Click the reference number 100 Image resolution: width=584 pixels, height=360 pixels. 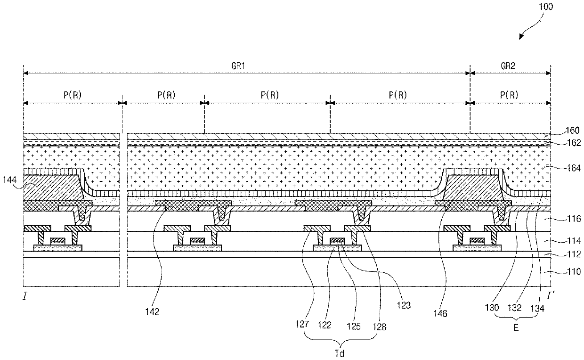tap(547, 7)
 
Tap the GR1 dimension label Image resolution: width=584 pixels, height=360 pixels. tap(243, 66)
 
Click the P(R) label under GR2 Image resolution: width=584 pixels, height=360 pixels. tap(509, 95)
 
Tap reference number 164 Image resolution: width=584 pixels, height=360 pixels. tap(568, 168)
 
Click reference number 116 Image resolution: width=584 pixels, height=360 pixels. tap(568, 219)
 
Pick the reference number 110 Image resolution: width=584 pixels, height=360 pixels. tap(568, 272)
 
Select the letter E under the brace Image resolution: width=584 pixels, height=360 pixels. tap(516, 329)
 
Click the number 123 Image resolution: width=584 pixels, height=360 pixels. tap(404, 305)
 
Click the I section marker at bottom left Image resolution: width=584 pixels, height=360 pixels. tap(24, 297)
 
